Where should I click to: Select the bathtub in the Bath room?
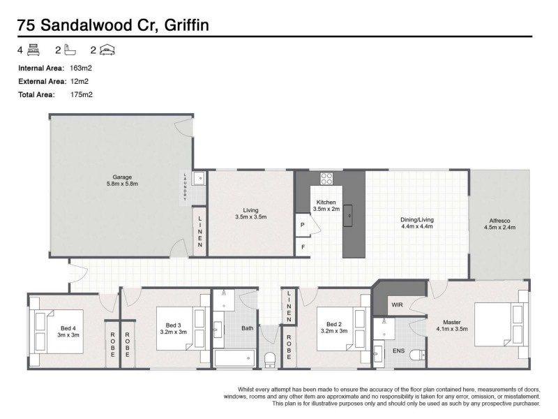234,358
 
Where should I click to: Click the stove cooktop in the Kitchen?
326,177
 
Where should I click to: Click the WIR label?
397,304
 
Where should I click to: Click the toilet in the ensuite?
417,354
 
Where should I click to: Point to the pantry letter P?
303,226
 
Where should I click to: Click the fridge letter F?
303,247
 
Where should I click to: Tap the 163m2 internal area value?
82,68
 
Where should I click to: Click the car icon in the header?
107,50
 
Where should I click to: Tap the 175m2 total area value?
82,94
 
